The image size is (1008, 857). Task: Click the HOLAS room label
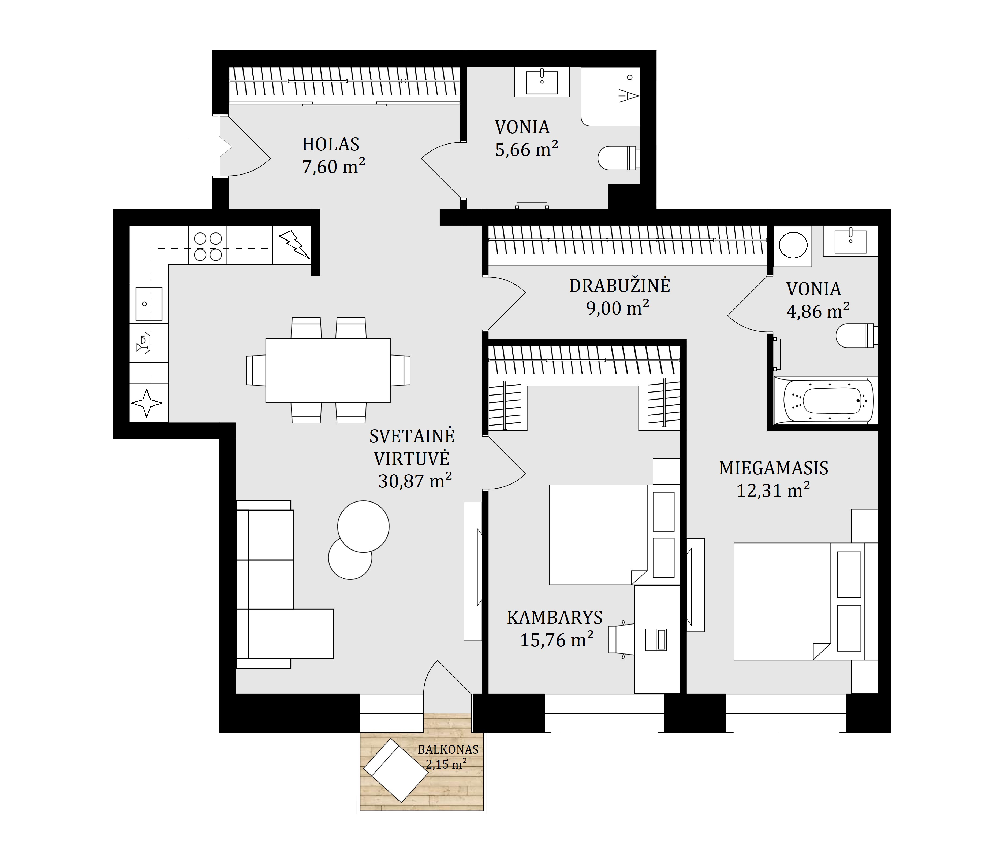click(x=331, y=144)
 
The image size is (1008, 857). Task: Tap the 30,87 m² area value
click(x=415, y=481)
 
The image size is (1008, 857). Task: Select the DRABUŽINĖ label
click(x=619, y=285)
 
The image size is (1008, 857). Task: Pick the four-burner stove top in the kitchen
click(x=208, y=246)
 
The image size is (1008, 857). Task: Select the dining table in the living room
click(x=328, y=370)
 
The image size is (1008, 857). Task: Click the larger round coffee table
click(x=363, y=526)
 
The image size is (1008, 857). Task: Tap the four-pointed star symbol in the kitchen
click(x=147, y=403)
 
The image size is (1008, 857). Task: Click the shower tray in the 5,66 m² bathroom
click(x=610, y=97)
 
